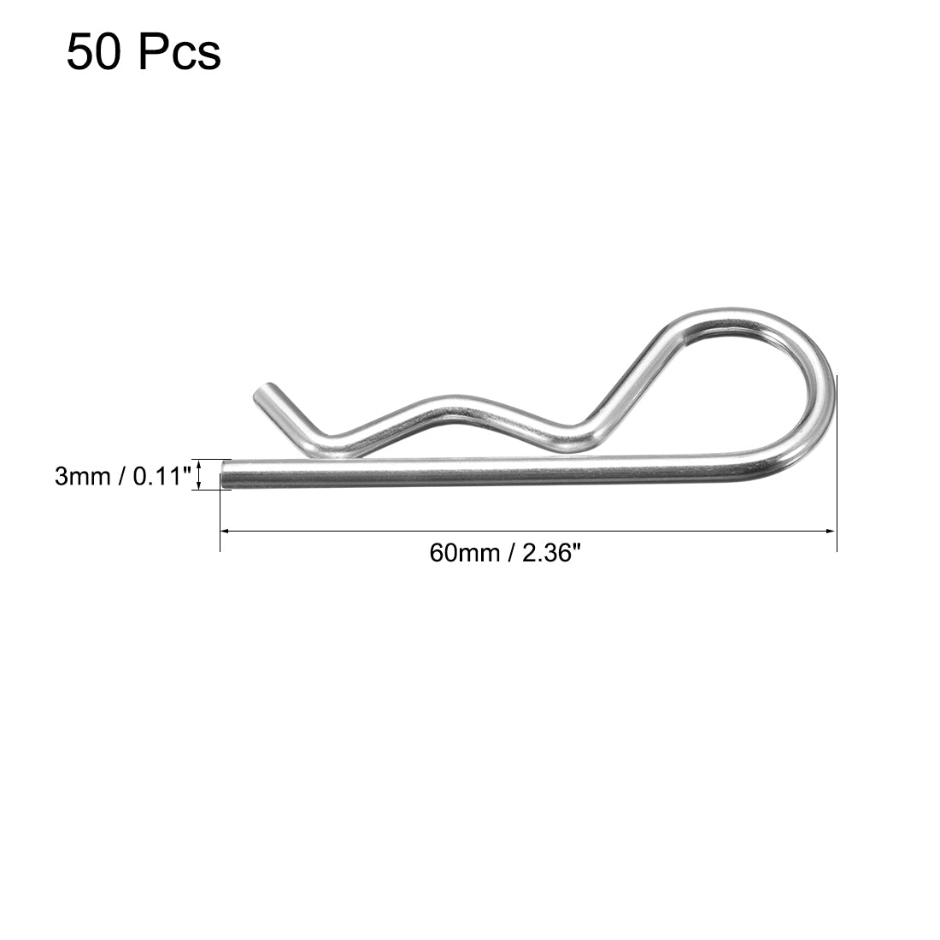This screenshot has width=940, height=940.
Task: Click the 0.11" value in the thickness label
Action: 160,476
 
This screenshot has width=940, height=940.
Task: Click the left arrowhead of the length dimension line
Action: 226,531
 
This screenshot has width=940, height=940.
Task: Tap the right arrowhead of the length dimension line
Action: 831,531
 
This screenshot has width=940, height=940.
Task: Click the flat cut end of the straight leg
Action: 225,474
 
